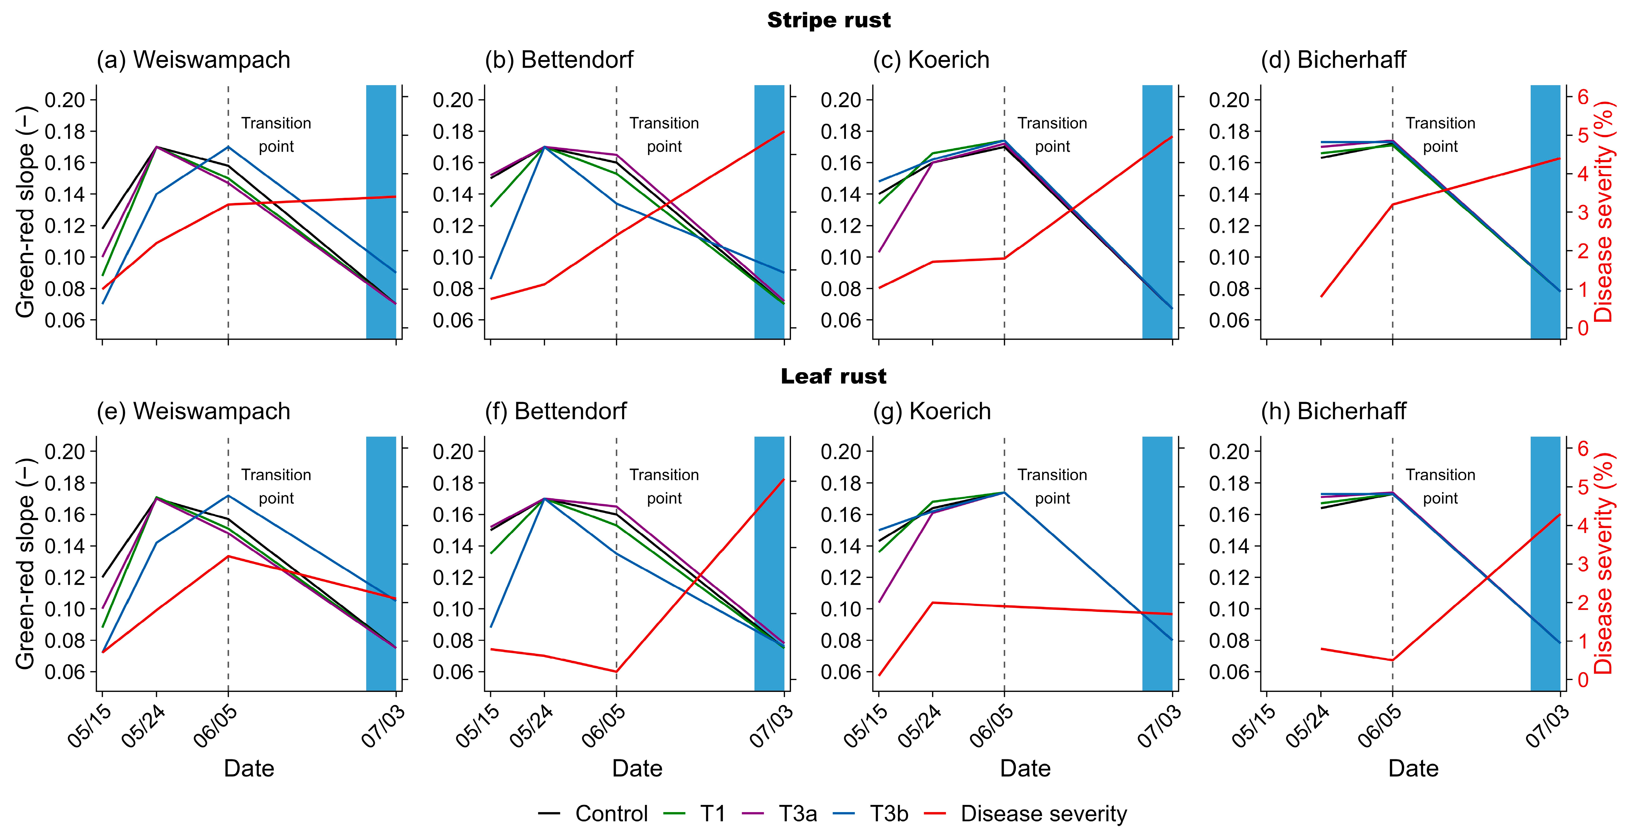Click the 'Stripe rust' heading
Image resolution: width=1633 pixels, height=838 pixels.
pos(829,20)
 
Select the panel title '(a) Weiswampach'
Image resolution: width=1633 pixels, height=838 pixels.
pos(193,59)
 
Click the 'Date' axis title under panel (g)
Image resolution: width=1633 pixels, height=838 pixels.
pos(1025,768)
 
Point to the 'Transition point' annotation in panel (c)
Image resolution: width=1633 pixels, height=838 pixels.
pos(1052,134)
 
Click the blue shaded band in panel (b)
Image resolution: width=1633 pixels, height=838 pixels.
pos(769,212)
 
